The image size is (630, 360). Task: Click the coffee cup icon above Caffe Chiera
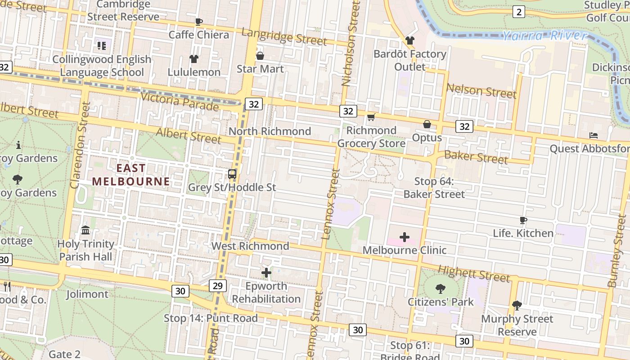[198, 22]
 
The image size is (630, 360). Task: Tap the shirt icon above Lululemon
[194, 59]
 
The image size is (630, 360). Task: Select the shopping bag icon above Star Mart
[260, 56]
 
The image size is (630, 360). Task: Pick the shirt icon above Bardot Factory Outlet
[409, 40]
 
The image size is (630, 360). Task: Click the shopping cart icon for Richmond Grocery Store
[371, 117]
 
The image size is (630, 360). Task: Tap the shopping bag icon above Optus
[427, 124]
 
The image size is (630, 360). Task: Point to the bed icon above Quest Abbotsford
[594, 135]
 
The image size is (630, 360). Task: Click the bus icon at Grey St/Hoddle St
[232, 174]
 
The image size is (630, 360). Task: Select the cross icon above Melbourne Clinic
[404, 237]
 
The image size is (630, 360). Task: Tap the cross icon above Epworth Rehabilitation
[266, 273]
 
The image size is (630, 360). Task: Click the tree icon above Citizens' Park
[441, 289]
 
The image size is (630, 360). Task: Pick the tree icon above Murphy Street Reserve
[517, 306]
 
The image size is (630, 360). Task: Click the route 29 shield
[218, 285]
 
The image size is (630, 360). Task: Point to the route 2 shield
[518, 12]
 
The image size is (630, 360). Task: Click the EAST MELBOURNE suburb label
[131, 175]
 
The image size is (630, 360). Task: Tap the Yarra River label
[544, 36]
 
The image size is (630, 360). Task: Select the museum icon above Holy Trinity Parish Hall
[85, 230]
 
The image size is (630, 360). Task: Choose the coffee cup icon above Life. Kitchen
[523, 220]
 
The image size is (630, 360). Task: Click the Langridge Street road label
[284, 37]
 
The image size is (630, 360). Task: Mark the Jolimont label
[87, 294]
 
